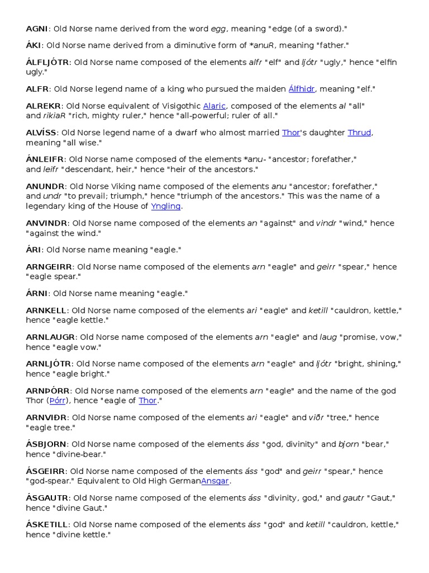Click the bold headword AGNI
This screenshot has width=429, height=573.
[x=37, y=28]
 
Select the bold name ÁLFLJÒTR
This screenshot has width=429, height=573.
[x=47, y=62]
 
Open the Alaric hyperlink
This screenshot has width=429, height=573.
[x=214, y=106]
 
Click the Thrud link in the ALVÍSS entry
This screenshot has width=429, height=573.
[x=360, y=133]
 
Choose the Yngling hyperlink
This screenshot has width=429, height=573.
[x=166, y=206]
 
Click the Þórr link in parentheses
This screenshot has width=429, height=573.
[x=58, y=401]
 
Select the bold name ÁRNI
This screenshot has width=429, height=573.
[x=36, y=293]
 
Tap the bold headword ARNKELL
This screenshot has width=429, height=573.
[x=46, y=310]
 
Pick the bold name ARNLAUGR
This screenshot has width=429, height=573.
[x=51, y=337]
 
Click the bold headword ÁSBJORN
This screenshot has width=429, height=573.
[x=46, y=444]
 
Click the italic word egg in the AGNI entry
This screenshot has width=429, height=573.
[x=218, y=29]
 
